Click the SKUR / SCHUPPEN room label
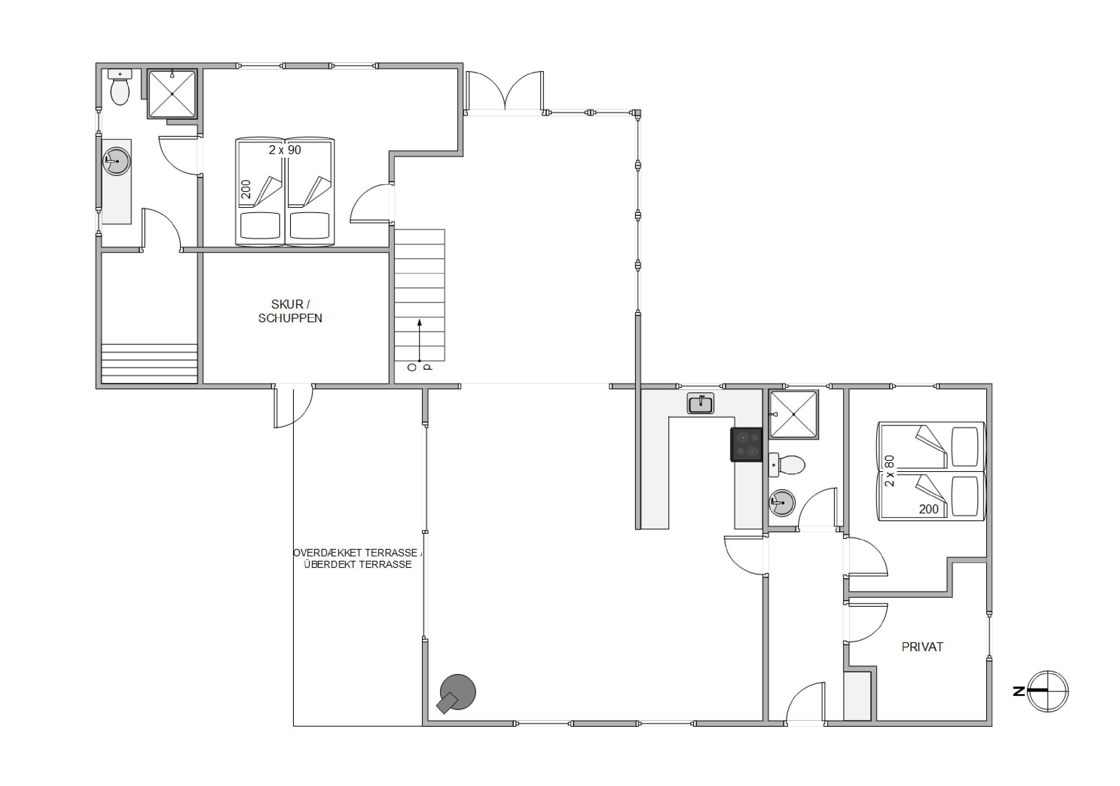290,311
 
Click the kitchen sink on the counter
701,404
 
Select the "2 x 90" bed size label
285,150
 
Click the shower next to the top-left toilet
172,94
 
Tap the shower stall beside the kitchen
794,414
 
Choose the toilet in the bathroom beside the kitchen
786,465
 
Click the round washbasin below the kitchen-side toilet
782,502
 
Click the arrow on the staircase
419,340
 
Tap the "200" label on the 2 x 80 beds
928,509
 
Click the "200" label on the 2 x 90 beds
246,189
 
